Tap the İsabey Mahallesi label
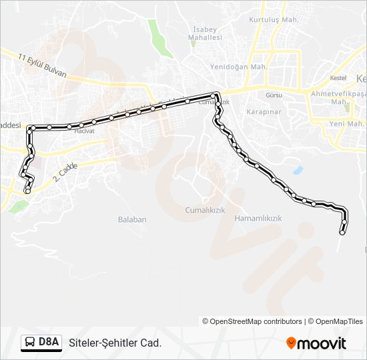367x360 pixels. click(x=207, y=34)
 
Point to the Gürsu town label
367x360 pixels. click(x=274, y=95)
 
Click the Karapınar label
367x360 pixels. click(x=261, y=112)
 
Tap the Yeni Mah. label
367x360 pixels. click(x=346, y=124)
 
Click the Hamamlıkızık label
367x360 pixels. click(x=259, y=218)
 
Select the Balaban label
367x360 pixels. click(x=132, y=219)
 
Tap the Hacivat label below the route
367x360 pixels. click(x=85, y=131)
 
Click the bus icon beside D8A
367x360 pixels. click(x=30, y=343)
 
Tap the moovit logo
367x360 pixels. click(x=316, y=343)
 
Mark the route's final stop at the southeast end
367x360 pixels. click(x=342, y=233)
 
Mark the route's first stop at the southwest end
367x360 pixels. click(x=27, y=191)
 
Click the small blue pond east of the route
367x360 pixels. click(x=298, y=170)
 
